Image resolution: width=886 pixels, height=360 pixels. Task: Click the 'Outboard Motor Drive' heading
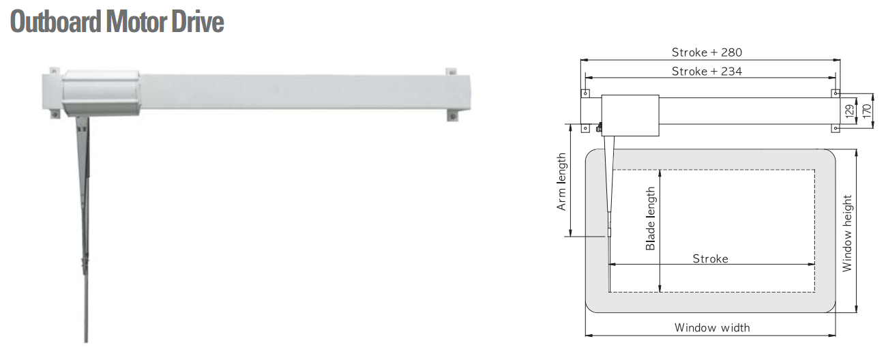click(x=117, y=22)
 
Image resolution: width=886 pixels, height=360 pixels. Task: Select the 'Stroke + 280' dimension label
click(x=707, y=52)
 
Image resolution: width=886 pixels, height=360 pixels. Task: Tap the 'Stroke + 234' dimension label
click(x=707, y=71)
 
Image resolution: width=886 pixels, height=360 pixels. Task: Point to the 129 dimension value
click(x=849, y=110)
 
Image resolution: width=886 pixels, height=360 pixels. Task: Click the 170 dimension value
click(x=867, y=110)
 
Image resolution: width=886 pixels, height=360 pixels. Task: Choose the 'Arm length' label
click(x=561, y=181)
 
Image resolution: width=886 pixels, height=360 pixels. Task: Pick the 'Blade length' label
click(x=650, y=218)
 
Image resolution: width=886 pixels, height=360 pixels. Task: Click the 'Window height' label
click(x=847, y=233)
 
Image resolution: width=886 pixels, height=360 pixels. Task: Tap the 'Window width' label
click(x=712, y=327)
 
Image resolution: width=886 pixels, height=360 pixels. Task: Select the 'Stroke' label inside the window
click(x=711, y=258)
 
